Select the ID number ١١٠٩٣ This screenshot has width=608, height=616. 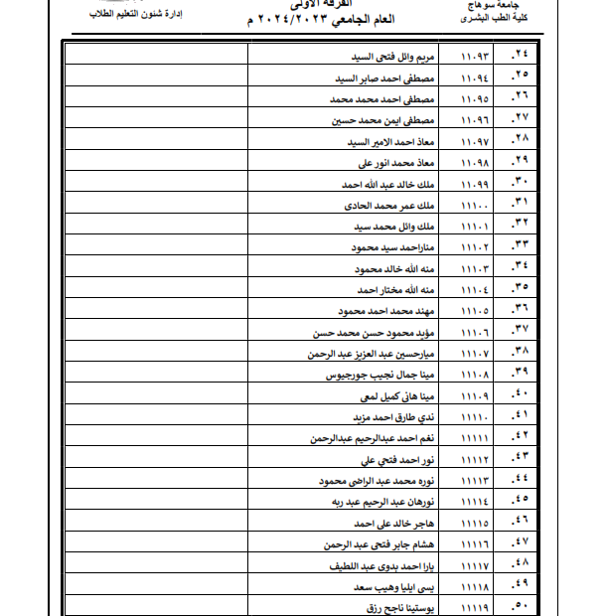tap(476, 57)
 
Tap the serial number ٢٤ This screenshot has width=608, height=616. tap(519, 57)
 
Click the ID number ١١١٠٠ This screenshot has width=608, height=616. tap(476, 206)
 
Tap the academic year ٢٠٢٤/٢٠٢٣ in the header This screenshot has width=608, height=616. tap(303, 21)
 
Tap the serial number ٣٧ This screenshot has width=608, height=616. tap(519, 332)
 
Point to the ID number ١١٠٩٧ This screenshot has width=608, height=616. tap(476, 141)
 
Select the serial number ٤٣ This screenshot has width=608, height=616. tap(519, 459)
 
